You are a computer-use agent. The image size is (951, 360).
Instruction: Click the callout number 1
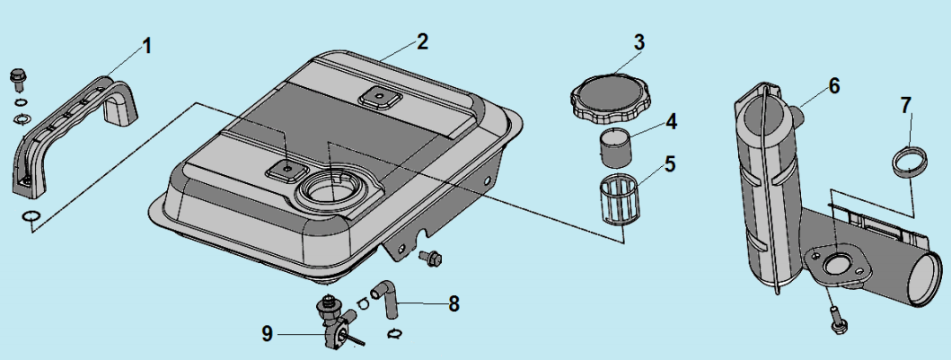(148, 45)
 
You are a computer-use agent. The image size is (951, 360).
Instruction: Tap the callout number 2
(423, 41)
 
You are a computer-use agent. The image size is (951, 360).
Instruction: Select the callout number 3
(638, 42)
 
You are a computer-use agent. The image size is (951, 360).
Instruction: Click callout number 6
(834, 85)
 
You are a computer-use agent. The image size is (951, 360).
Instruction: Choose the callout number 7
(906, 106)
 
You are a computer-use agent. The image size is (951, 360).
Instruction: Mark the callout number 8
(454, 304)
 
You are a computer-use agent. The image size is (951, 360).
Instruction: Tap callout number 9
(267, 333)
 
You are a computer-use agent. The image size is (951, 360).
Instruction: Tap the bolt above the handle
(16, 78)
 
